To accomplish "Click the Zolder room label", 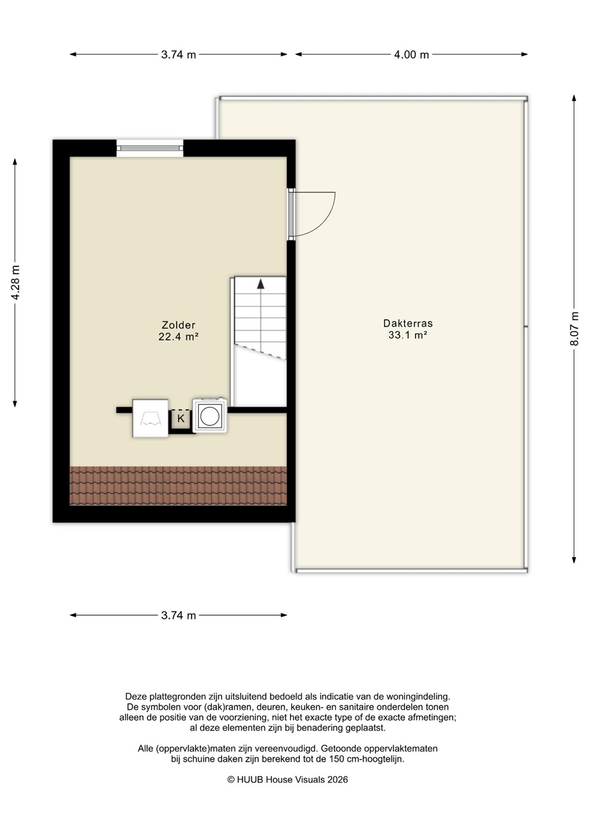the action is click(178, 325).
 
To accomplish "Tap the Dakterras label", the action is click(408, 323).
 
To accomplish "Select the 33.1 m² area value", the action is click(407, 335).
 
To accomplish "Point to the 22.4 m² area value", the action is click(178, 337).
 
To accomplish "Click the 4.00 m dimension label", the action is click(411, 54).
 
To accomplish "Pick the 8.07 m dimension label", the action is click(575, 329).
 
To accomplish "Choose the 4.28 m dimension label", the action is click(15, 283).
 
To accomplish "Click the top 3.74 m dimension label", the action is click(178, 54).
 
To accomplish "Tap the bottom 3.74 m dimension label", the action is click(178, 615).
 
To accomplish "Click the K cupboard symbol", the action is click(181, 419).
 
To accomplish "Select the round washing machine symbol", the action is click(209, 416).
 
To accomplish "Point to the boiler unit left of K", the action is click(150, 418).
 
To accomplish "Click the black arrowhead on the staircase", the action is click(261, 283).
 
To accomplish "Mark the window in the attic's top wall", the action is click(150, 148).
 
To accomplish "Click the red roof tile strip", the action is click(178, 486).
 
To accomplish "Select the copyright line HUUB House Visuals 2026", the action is click(288, 780).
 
